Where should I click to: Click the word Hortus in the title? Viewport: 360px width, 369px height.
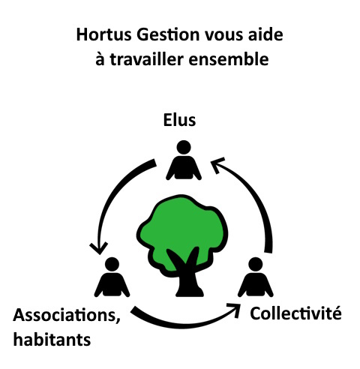click(103, 34)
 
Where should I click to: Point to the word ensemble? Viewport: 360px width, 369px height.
click(229, 59)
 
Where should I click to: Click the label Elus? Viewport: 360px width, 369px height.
click(179, 120)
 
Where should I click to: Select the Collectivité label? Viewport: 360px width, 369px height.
click(295, 313)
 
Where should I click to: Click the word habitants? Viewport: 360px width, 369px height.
click(52, 340)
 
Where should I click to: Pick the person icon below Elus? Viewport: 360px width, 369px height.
click(184, 160)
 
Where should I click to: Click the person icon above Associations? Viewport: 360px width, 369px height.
click(112, 277)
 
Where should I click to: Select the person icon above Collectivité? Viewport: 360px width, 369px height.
click(256, 277)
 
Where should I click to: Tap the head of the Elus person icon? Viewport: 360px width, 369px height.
click(184, 147)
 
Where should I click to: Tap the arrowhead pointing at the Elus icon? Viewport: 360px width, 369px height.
click(217, 164)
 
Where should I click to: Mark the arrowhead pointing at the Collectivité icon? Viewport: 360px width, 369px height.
click(235, 310)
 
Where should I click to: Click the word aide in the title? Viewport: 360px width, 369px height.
click(265, 34)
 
